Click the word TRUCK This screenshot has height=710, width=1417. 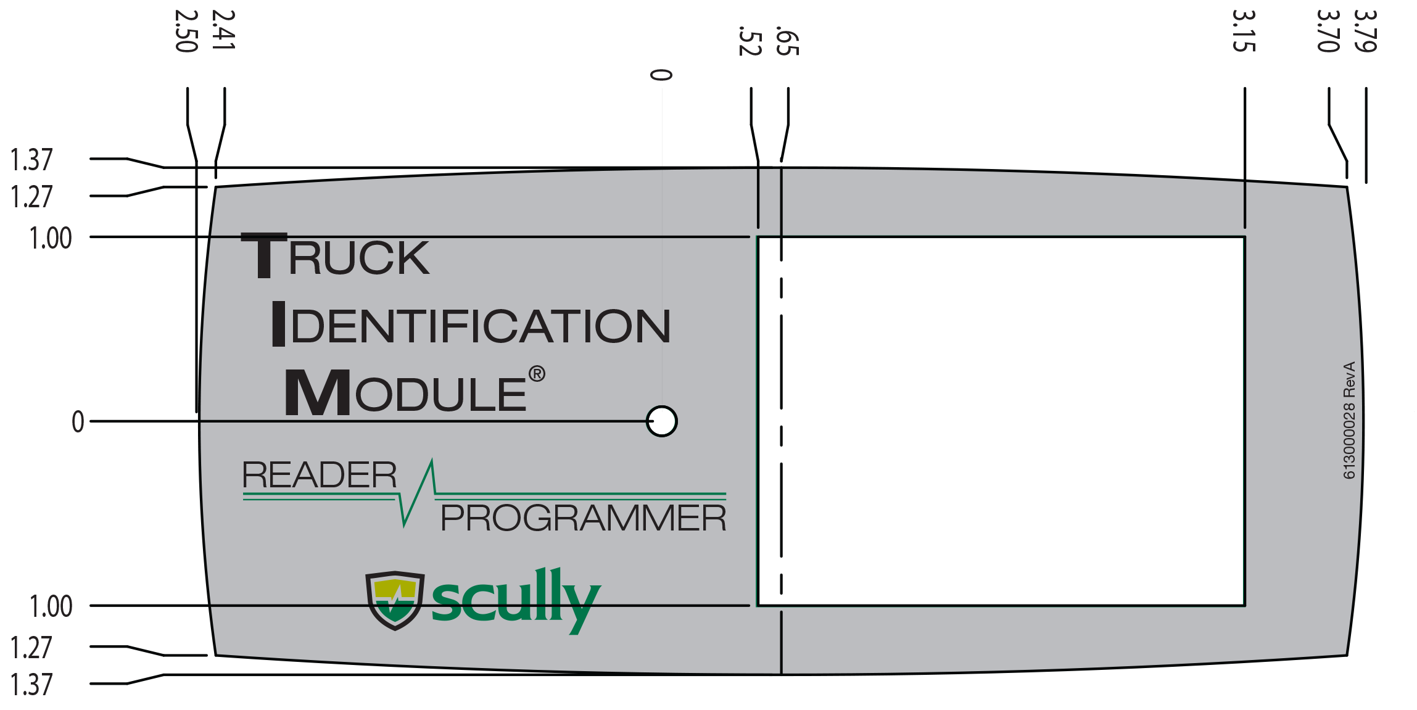336,257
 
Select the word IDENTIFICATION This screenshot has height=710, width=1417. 472,325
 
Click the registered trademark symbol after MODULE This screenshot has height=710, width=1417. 537,374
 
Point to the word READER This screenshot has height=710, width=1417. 319,475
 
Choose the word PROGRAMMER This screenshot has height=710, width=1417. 583,518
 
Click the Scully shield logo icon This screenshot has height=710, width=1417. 395,600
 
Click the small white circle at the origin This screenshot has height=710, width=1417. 661,421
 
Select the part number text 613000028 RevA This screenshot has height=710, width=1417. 1349,419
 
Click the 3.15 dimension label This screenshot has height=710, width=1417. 1244,31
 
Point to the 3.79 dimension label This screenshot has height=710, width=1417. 1365,31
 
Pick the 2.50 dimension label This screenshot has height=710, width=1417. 186,31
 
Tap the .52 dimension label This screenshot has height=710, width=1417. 750,41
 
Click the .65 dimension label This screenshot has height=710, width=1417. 788,41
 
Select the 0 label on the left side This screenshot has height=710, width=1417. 78,422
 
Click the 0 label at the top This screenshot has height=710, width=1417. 661,75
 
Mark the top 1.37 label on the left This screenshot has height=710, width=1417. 31,160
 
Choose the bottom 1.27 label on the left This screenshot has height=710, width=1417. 31,648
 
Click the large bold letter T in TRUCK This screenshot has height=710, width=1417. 264,255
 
